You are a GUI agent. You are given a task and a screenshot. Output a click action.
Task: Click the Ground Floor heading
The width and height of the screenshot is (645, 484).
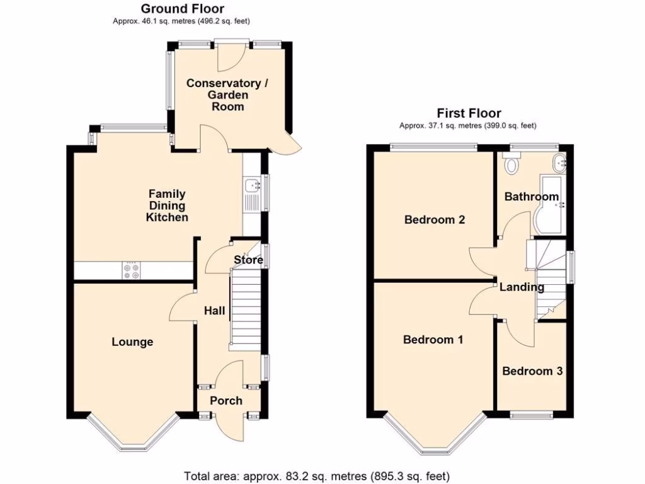point(181,9)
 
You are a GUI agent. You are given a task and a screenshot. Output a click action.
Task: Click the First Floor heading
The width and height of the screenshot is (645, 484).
point(469,113)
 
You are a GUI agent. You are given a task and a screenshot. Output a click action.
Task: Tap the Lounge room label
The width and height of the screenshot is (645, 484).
point(132,342)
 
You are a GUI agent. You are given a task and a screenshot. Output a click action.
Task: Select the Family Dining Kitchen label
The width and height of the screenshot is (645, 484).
point(167,205)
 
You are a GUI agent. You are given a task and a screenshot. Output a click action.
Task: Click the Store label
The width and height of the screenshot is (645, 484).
point(248,260)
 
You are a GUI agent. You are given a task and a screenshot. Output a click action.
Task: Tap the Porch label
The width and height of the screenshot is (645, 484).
point(226,401)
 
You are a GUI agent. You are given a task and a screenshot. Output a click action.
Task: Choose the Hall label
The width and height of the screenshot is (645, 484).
point(214,311)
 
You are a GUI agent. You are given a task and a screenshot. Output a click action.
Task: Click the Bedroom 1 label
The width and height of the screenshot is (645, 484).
point(433,340)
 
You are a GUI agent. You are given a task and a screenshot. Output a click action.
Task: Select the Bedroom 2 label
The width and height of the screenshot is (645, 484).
point(435,220)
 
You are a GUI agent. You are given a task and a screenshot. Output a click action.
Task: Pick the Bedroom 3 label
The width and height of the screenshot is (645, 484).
point(532,371)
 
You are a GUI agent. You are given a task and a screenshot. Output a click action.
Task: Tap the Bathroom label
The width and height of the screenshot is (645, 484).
point(532,197)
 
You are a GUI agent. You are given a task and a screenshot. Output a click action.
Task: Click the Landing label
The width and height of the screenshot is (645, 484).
point(522,287)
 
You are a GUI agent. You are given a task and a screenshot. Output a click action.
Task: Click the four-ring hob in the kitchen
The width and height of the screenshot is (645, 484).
point(132,270)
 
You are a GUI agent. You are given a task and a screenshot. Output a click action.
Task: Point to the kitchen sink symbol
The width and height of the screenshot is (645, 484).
point(253,185)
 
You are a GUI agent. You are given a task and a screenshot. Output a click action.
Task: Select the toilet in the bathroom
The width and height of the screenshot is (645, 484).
point(511,165)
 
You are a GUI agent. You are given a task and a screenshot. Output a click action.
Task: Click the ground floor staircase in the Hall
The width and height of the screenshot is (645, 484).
point(245,308)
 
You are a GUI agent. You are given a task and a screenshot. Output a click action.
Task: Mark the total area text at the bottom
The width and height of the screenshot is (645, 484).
point(317,476)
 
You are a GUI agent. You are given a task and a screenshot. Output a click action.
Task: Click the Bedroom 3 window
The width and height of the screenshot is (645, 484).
point(531,415)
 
